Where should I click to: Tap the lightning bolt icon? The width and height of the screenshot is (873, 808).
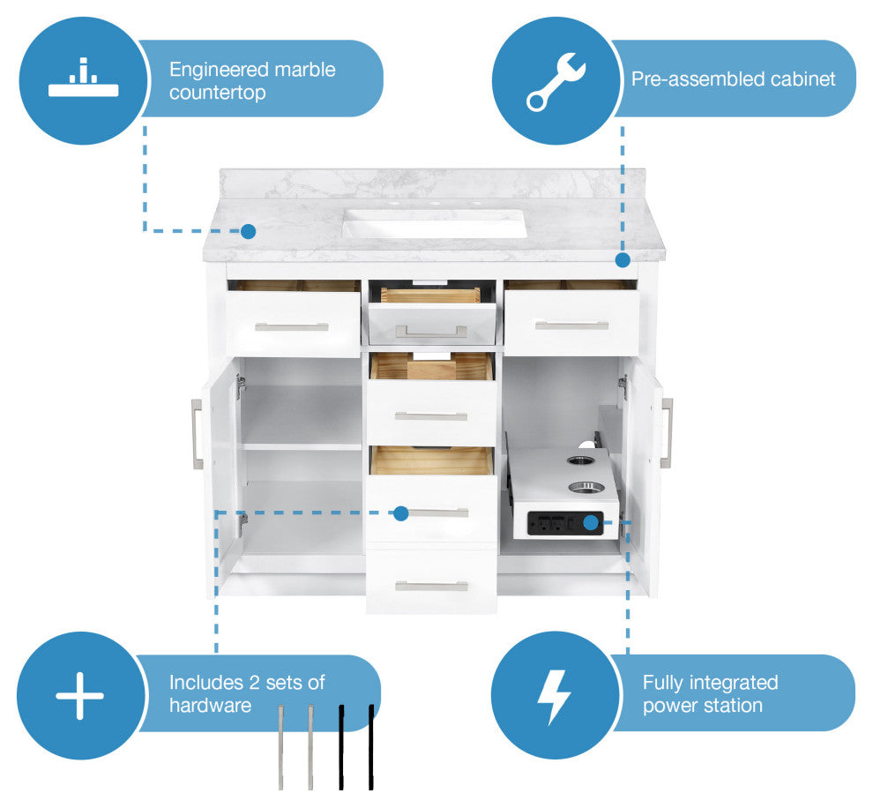554,696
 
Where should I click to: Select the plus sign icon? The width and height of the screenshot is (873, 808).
80,695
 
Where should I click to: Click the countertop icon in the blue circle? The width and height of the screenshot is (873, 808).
82,79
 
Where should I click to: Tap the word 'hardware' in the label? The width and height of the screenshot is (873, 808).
210,706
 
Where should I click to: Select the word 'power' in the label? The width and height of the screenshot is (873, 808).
669,706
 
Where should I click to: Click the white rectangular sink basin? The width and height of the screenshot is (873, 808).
434,222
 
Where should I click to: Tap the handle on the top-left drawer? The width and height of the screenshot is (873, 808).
292,327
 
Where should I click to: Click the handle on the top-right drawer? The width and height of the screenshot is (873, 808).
571,325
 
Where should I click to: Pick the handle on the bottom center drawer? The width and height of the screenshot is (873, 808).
431,586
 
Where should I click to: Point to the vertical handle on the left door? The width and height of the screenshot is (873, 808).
197,433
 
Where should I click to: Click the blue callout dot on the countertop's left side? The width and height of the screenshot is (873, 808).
249,231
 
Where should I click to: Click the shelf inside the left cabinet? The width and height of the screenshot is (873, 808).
302,446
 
